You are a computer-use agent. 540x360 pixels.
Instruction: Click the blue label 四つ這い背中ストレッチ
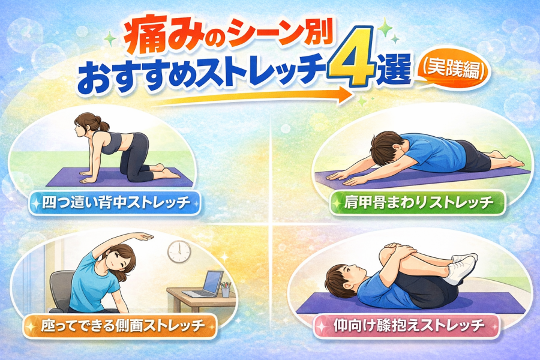coord(115,203)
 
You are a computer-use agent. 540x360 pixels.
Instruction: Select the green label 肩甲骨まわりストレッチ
coord(418,203)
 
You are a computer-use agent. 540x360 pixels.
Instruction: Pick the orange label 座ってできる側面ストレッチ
coord(120,325)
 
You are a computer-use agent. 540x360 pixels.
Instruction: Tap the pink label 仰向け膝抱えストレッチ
coord(406,325)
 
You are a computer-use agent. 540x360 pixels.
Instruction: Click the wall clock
coord(179,251)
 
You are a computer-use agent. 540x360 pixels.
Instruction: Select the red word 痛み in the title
coord(149,38)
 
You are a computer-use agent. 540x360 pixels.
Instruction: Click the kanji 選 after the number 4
coord(395,70)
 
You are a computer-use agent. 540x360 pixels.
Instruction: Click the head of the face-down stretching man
coord(388,146)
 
